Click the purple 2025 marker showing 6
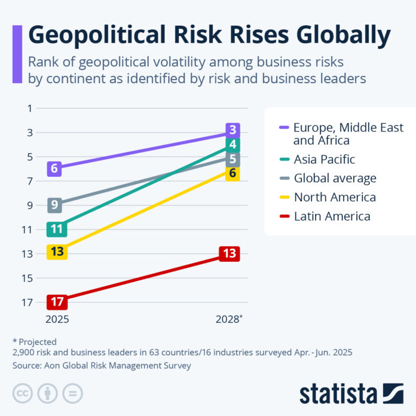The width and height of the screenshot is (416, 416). (x=54, y=169)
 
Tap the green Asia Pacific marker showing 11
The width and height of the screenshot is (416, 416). (x=57, y=229)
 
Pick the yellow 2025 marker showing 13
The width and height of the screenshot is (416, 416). (x=57, y=252)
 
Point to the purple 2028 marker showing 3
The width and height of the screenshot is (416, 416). (x=233, y=130)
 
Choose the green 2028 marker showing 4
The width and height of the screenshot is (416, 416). (x=233, y=145)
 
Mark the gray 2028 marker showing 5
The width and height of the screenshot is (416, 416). (x=233, y=160)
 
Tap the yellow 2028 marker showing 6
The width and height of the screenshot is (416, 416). (x=233, y=173)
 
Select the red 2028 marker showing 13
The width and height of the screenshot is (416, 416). (x=230, y=253)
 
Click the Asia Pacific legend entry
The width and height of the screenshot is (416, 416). (x=324, y=160)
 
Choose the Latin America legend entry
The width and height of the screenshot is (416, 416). (x=332, y=216)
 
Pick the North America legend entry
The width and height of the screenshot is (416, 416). (x=334, y=197)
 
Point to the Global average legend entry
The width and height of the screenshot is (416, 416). (x=335, y=178)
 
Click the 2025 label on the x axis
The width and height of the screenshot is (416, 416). (x=57, y=319)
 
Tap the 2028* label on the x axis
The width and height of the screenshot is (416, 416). (x=230, y=319)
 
